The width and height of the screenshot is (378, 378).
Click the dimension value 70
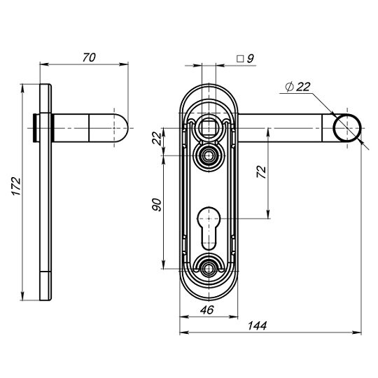(88, 58)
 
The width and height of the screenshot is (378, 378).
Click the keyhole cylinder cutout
(210, 225)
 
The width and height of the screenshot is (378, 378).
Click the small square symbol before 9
(239, 60)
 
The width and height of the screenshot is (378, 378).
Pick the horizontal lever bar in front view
(287, 127)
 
